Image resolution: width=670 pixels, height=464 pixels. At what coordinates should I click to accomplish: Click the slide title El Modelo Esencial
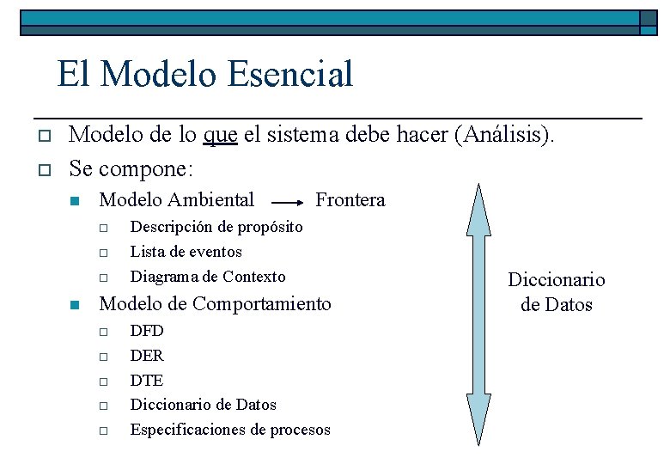coord(204,74)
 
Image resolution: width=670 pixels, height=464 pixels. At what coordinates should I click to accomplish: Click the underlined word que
coord(221,135)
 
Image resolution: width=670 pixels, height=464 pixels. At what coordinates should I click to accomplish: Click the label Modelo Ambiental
coord(177,200)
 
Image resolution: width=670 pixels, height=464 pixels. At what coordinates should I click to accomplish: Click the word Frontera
coord(350,200)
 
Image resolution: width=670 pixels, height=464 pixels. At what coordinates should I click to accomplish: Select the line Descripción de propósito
coord(216,227)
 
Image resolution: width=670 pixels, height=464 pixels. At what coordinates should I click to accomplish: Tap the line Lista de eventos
coord(186,252)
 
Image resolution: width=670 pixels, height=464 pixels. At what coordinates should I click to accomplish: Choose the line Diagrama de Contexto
coord(207,277)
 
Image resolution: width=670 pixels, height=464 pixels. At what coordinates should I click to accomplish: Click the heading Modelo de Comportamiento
coord(215,303)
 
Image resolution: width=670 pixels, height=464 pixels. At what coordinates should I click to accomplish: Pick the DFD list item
coord(146,331)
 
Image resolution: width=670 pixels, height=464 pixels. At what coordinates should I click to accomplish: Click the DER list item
coord(146,356)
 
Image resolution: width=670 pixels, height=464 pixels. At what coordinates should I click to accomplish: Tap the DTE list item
coord(146,381)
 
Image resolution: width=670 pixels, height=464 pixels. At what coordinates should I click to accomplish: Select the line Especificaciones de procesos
coord(229,430)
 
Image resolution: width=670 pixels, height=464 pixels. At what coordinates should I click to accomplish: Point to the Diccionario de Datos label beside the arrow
coord(557,292)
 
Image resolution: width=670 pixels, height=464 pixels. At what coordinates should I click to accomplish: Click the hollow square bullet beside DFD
coord(101,332)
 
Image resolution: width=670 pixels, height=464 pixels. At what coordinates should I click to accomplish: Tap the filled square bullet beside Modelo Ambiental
coord(74,202)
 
